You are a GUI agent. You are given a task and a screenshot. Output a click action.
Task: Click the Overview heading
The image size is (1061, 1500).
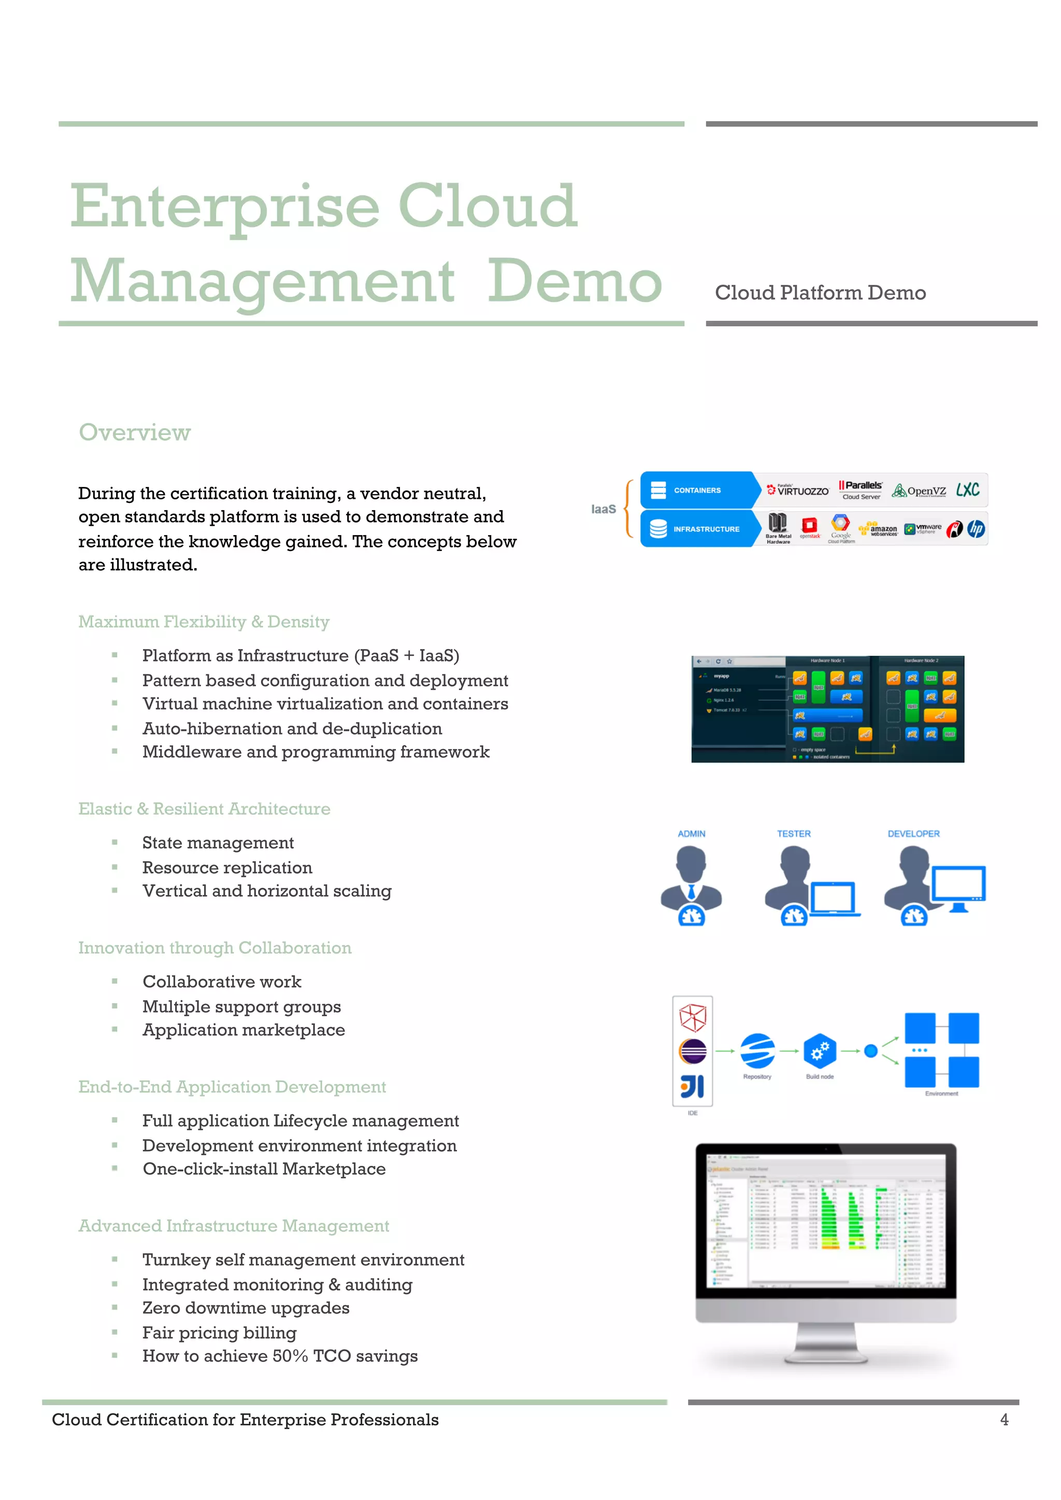(135, 432)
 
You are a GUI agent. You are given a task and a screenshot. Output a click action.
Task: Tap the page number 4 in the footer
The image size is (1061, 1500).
(1003, 1420)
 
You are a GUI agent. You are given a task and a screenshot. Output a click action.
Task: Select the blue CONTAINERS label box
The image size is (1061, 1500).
(696, 490)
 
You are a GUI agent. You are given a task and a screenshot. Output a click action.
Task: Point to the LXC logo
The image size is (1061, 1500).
(968, 490)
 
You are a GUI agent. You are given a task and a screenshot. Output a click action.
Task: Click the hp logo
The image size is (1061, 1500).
(976, 528)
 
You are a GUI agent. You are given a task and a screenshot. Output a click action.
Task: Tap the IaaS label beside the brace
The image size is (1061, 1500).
(603, 509)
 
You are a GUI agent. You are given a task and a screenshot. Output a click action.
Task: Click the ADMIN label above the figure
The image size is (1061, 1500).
(691, 833)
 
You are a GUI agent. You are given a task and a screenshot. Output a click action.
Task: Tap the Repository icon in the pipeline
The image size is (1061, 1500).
(757, 1050)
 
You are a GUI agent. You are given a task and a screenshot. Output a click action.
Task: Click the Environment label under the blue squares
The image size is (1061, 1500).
(941, 1093)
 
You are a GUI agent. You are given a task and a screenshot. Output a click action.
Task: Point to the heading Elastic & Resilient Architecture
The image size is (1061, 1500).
(204, 809)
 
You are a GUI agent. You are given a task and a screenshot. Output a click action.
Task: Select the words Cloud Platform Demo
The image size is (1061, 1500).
(820, 293)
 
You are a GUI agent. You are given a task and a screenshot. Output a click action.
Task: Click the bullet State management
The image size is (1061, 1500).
(218, 843)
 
